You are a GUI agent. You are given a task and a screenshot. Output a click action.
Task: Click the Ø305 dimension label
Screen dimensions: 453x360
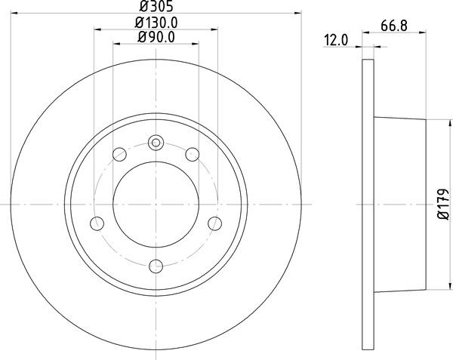pyautogui.click(x=156, y=6)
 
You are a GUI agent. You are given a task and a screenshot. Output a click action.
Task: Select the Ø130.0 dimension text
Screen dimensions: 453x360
pyautogui.click(x=156, y=23)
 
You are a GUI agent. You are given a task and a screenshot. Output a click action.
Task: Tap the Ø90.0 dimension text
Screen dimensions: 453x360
pyautogui.click(x=156, y=37)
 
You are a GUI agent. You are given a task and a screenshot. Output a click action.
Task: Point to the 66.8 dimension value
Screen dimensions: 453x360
pyautogui.click(x=394, y=26)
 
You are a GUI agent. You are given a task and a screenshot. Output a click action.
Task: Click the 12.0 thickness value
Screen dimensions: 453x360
pyautogui.click(x=337, y=40)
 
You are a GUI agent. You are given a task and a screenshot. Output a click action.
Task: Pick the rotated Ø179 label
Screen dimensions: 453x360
pyautogui.click(x=443, y=205)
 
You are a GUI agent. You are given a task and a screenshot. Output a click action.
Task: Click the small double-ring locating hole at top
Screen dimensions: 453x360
pyautogui.click(x=156, y=143)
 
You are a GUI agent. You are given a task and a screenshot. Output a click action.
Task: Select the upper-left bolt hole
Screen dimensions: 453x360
pyautogui.click(x=119, y=155)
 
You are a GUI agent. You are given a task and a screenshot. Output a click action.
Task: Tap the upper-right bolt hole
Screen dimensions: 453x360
pyautogui.click(x=192, y=155)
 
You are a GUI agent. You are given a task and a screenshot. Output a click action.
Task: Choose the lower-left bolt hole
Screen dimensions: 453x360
pyautogui.click(x=97, y=223)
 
